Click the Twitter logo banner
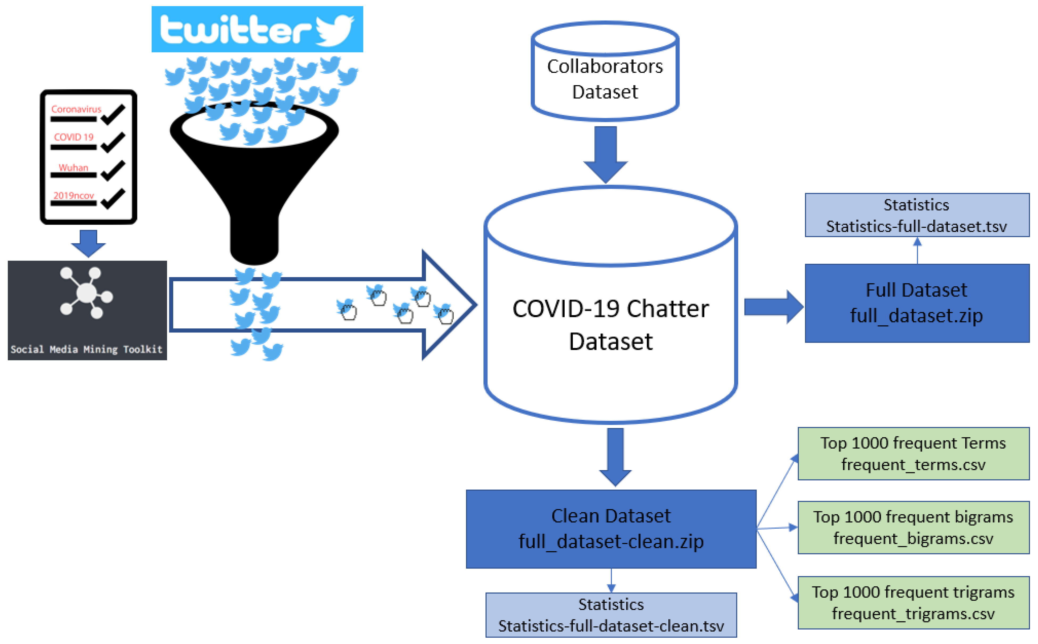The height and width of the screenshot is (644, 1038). (x=257, y=29)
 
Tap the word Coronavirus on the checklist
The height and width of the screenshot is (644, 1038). (x=76, y=109)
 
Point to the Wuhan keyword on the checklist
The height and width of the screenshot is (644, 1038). (x=73, y=168)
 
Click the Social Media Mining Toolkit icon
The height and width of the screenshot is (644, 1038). (x=87, y=310)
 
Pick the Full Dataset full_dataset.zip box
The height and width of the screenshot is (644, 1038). (x=917, y=303)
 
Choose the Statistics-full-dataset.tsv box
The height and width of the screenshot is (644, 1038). (x=917, y=215)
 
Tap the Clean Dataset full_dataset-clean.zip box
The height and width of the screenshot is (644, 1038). (x=611, y=529)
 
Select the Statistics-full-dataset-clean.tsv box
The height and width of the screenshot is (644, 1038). (x=611, y=614)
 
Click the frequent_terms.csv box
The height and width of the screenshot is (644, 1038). (x=913, y=454)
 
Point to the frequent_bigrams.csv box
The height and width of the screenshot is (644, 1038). (x=913, y=527)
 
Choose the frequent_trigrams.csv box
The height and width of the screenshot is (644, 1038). (x=913, y=603)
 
